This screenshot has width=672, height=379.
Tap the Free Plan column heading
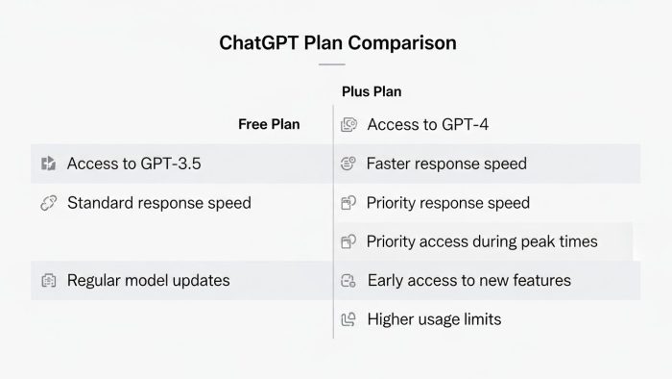point(269,124)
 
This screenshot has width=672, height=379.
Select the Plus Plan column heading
point(372,91)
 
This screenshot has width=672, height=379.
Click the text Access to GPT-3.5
point(133,164)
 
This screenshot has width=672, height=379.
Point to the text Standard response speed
point(158,203)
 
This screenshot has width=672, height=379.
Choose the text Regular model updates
point(148,280)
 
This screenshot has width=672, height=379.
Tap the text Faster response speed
point(446,164)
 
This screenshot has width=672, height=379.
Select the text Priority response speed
point(447,203)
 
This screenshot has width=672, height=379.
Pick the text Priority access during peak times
point(482,241)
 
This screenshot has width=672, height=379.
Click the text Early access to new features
point(469,280)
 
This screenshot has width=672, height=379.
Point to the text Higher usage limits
point(434,318)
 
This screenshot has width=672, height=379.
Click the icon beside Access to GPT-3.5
point(49,164)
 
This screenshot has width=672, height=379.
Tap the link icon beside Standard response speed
point(49,203)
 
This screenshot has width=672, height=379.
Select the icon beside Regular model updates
point(49,280)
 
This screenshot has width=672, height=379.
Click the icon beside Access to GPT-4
point(349,124)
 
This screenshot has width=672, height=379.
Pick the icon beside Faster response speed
point(349,164)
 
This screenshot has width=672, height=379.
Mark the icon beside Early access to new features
point(349,280)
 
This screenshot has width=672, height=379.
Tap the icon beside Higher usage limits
point(349,318)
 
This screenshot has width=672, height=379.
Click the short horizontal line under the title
point(331,64)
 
